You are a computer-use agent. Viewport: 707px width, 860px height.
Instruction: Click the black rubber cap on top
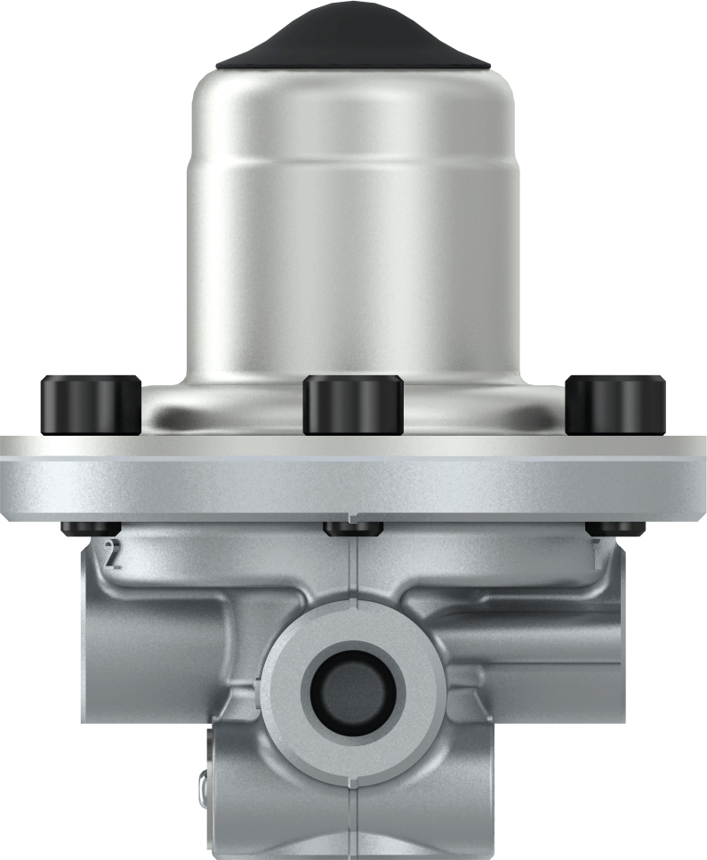(x=353, y=40)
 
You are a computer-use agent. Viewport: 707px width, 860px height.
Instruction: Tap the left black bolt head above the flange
(x=91, y=406)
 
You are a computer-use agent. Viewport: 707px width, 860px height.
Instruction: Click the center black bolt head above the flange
(x=353, y=406)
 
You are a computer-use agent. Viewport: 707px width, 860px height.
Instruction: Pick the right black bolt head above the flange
(x=615, y=406)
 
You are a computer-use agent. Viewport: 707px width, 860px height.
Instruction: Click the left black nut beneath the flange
(x=91, y=529)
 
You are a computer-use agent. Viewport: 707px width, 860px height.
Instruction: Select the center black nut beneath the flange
(x=353, y=529)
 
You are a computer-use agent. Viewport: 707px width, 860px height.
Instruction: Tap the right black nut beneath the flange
(x=615, y=529)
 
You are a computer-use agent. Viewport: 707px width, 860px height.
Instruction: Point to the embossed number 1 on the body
(x=597, y=554)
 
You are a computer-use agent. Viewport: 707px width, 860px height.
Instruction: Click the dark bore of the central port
(x=353, y=690)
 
